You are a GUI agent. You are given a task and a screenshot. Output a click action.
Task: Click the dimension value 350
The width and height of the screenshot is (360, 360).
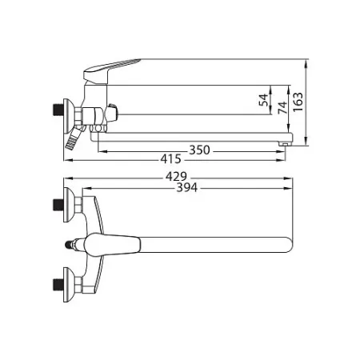click(x=199, y=150)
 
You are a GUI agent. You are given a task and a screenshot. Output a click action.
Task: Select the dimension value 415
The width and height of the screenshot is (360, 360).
click(x=170, y=159)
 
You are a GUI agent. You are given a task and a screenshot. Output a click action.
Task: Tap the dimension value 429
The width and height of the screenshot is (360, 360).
click(x=176, y=177)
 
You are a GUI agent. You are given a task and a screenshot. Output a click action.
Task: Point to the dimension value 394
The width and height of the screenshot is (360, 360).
click(x=187, y=187)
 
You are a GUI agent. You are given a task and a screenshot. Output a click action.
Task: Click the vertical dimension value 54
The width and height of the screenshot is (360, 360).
click(x=263, y=100)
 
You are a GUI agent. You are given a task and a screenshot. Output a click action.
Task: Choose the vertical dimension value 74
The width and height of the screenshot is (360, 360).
click(x=282, y=107)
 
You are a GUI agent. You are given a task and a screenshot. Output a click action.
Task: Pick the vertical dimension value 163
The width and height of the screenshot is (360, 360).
click(x=298, y=102)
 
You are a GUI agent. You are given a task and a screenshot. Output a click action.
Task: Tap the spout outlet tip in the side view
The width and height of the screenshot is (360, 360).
click(x=284, y=144)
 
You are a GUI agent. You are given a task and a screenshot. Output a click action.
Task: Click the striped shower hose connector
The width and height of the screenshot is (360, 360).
click(x=73, y=138)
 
